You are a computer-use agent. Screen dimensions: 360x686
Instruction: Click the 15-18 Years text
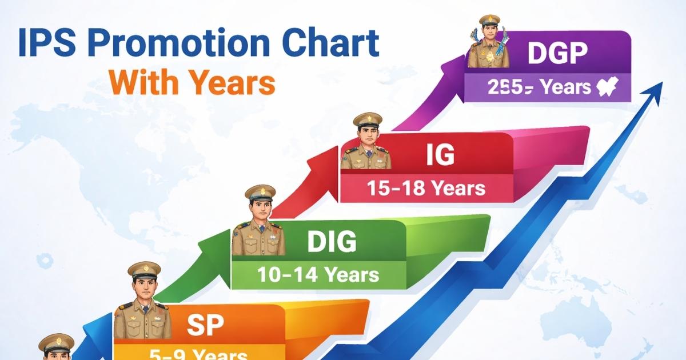pos(426,188)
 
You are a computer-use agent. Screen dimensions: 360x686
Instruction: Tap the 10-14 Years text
pos(318,275)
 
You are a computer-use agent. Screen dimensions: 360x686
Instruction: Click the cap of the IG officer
pos(368,121)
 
